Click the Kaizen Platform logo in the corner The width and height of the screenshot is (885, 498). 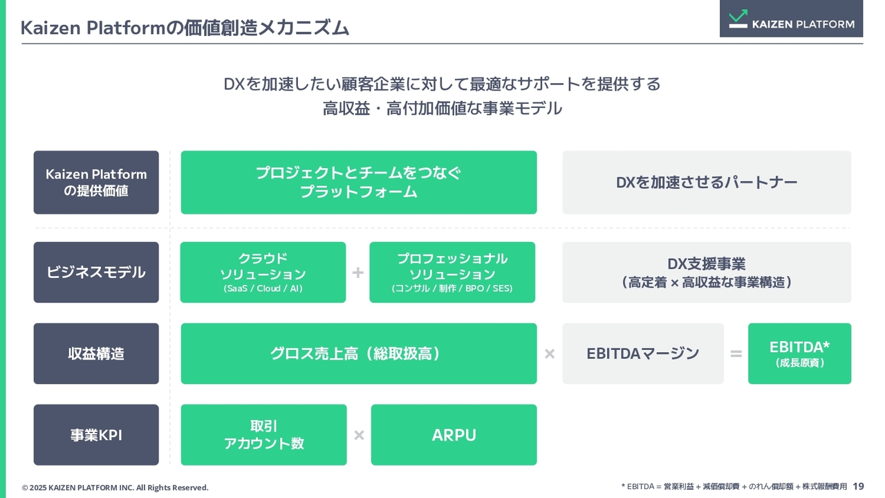click(x=791, y=19)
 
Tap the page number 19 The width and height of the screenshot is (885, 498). click(x=858, y=486)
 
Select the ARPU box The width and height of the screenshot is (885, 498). click(x=454, y=435)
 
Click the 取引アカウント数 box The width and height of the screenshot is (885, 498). click(x=264, y=435)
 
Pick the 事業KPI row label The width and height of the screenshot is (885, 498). click(x=96, y=435)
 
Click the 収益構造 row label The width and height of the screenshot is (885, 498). click(x=96, y=353)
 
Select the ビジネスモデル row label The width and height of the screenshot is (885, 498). click(x=96, y=273)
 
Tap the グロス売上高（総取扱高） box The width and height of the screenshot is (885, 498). click(x=359, y=353)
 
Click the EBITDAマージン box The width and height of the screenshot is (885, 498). click(x=643, y=353)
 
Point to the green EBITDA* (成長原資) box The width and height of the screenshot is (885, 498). click(x=800, y=353)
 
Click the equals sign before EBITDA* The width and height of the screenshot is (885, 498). click(x=736, y=353)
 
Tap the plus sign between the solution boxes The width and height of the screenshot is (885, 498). click(x=358, y=273)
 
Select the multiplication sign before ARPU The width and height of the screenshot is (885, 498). click(x=359, y=435)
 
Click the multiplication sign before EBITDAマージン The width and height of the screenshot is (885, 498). click(x=550, y=353)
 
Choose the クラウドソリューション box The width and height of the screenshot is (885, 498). click(x=263, y=273)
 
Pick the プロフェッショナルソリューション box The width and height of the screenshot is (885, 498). click(x=452, y=273)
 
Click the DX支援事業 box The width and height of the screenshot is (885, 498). click(x=707, y=273)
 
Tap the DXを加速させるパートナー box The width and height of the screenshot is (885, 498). click(x=707, y=182)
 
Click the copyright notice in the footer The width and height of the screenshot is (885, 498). click(x=115, y=488)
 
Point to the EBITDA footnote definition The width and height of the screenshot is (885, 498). click(x=734, y=486)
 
